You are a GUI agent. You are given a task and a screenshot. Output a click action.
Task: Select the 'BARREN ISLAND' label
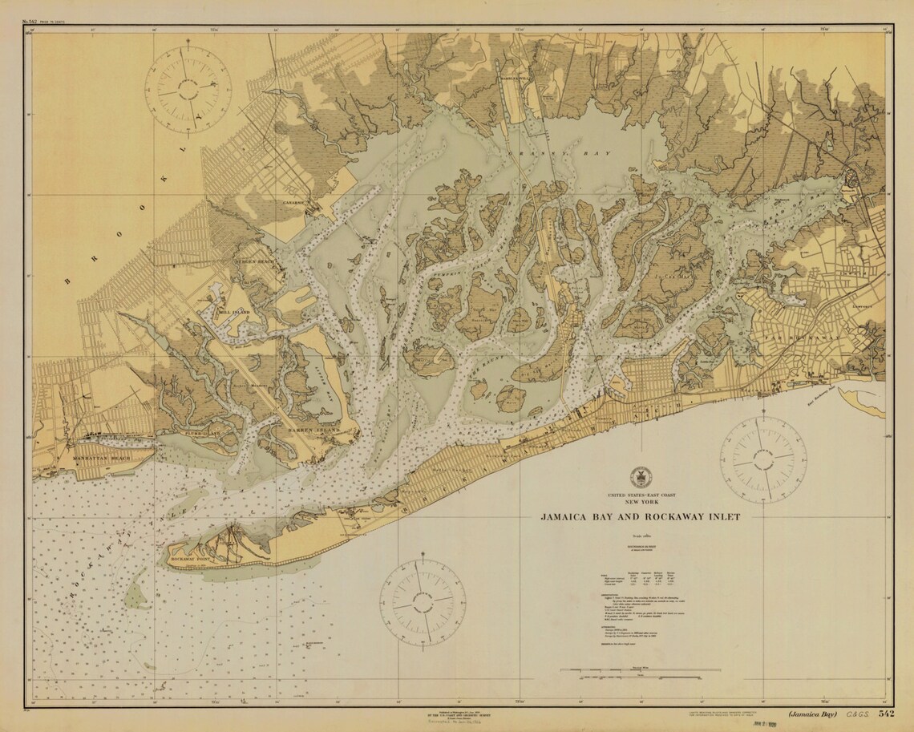313,431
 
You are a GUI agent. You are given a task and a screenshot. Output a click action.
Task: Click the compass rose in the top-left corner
188,88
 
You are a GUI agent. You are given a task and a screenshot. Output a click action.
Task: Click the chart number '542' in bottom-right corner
885,714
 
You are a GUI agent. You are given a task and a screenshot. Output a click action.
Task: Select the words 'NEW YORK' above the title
639,503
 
